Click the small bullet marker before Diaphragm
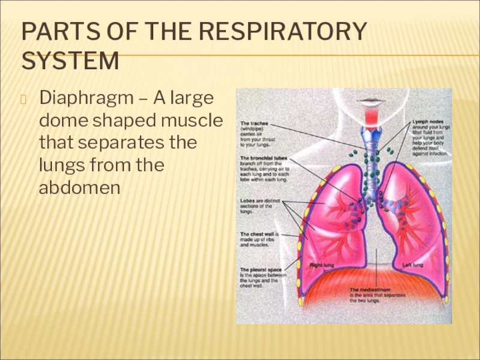25,98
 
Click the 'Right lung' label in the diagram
322,265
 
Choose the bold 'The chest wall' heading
259,234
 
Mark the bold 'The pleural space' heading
262,269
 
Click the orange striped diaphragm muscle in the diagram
372,282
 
